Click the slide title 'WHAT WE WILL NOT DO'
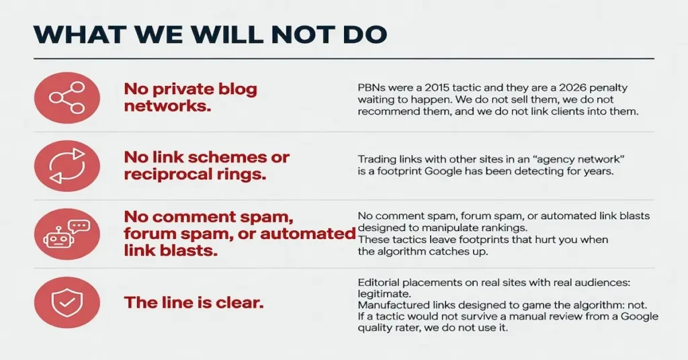click(210, 35)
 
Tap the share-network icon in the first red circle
click(67, 97)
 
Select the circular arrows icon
click(67, 166)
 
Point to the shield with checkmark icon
click(67, 302)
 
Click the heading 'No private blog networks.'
click(190, 97)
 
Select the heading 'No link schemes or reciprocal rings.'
click(207, 166)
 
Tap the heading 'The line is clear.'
click(194, 302)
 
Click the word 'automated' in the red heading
click(308, 234)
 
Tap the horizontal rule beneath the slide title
click(344, 58)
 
